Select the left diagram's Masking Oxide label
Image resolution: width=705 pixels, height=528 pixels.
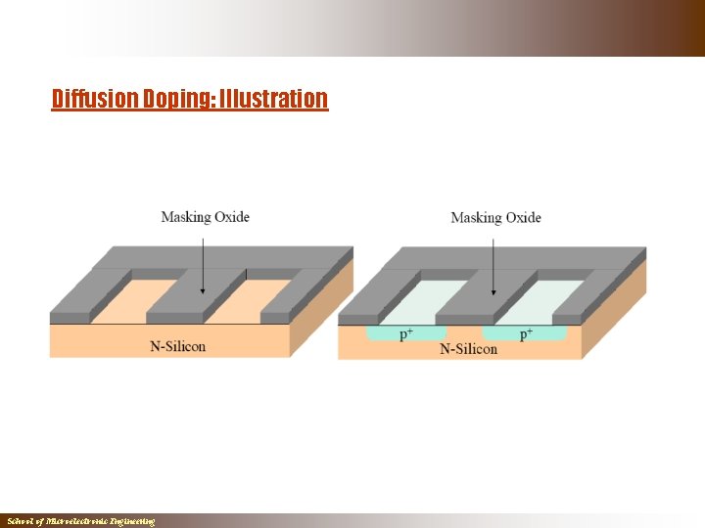[x=205, y=216]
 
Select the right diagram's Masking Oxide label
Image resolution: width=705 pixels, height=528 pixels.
[x=495, y=217]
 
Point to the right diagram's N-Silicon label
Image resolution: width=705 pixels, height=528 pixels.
[x=468, y=349]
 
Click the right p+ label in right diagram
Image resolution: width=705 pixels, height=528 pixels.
[x=526, y=334]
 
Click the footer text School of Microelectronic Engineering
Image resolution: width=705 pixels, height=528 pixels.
[x=80, y=521]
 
